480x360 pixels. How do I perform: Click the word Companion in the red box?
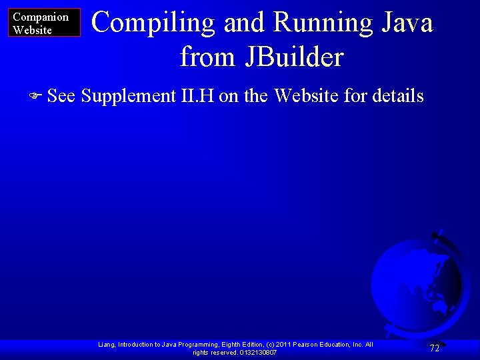pyautogui.click(x=41, y=17)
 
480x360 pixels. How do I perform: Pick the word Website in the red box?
pyautogui.click(x=33, y=30)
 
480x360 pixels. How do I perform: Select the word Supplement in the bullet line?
pyautogui.click(x=128, y=96)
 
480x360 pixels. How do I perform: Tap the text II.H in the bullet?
pyautogui.click(x=197, y=96)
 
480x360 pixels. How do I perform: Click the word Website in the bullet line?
pyautogui.click(x=307, y=96)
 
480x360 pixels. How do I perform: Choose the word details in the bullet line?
pyautogui.click(x=398, y=96)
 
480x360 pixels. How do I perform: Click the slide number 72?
pyautogui.click(x=434, y=348)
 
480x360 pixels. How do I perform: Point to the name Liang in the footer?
pyautogui.click(x=106, y=345)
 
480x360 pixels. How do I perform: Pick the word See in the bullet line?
pyautogui.click(x=61, y=96)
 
